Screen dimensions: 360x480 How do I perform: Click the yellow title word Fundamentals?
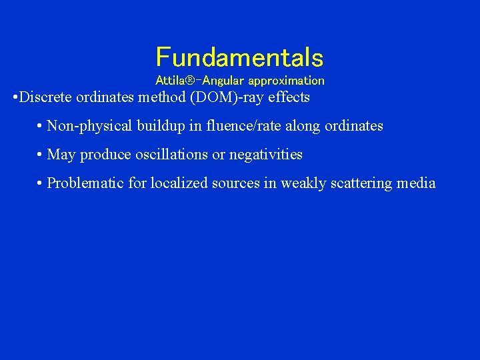(239, 57)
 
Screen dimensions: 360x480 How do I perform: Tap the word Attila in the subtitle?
(169, 81)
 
